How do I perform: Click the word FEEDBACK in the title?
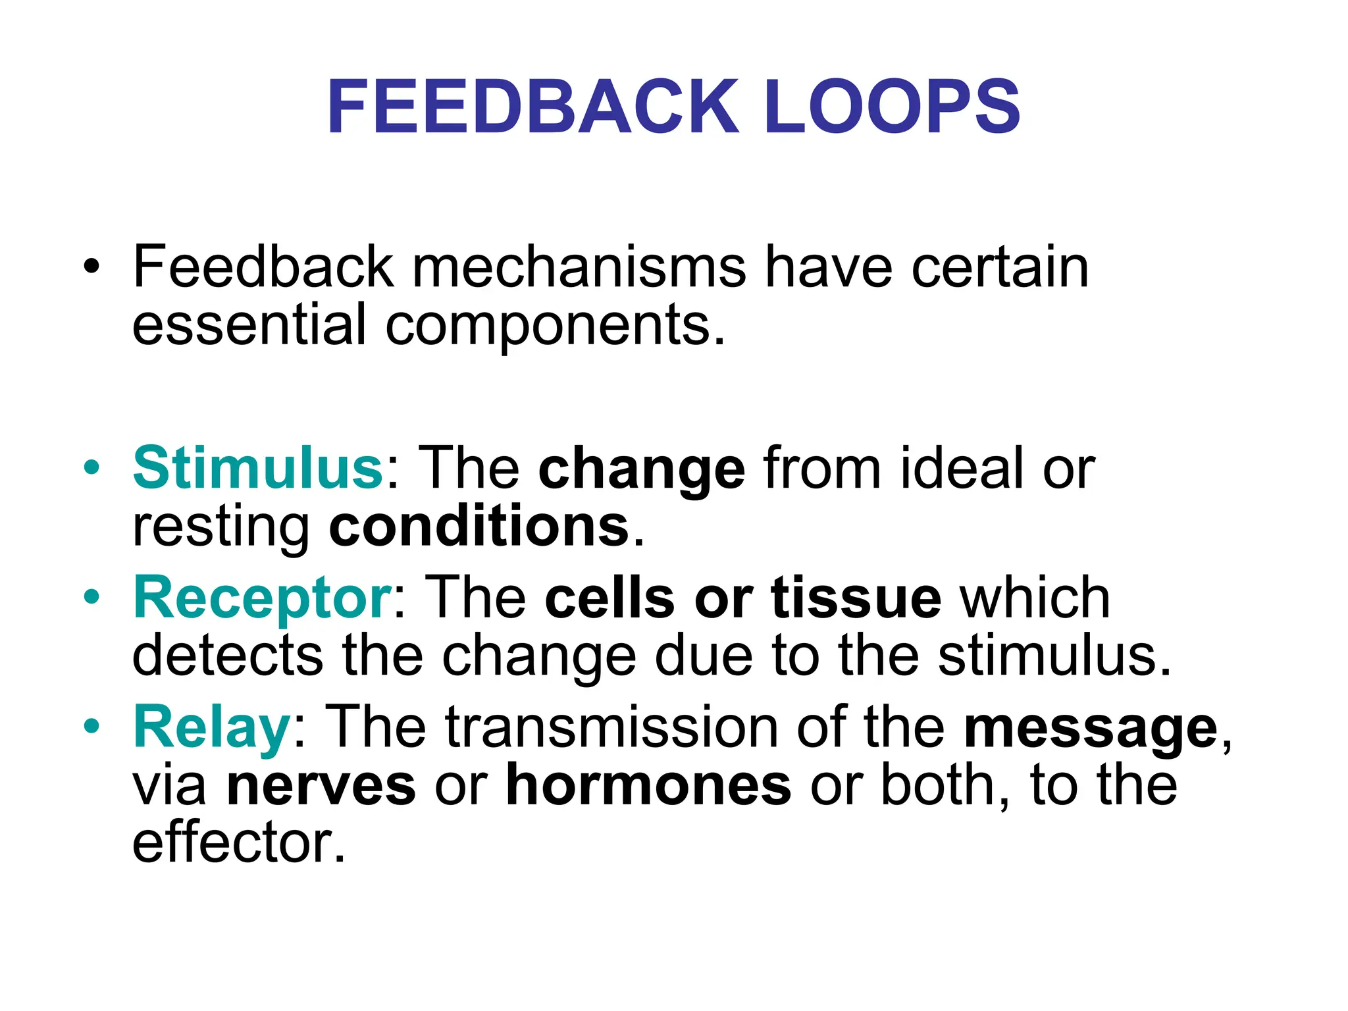[x=533, y=107]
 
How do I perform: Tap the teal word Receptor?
[x=263, y=598]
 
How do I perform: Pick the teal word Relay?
[x=211, y=727]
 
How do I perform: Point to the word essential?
[x=249, y=324]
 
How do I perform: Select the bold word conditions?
[x=479, y=527]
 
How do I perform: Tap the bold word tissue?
[x=856, y=598]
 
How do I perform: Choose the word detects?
[x=228, y=656]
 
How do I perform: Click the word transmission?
[x=611, y=727]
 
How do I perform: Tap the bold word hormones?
[x=648, y=785]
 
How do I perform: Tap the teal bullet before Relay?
[x=91, y=727]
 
